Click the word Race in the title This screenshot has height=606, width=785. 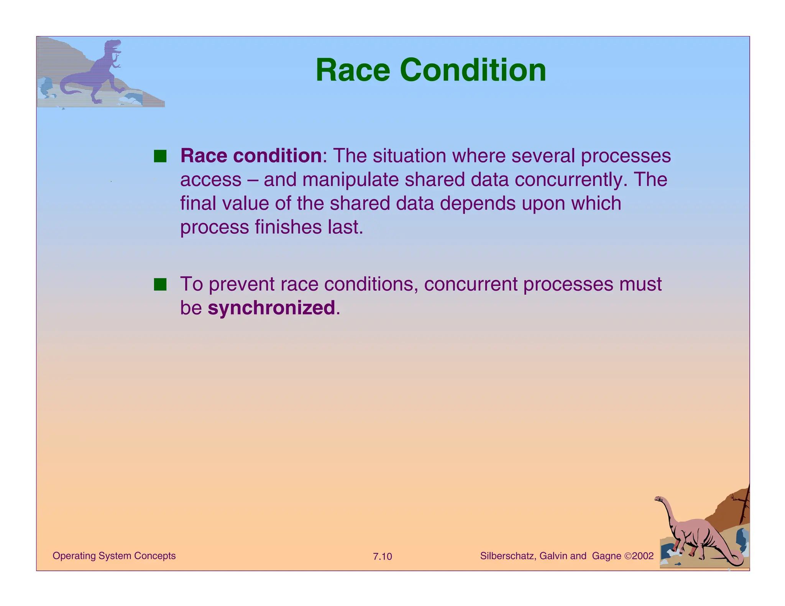coord(353,70)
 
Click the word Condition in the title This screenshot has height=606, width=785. coord(473,70)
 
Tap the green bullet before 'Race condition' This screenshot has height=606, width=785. coord(160,156)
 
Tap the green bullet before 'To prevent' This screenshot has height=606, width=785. coord(160,285)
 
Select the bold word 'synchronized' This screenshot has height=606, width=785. coord(271,308)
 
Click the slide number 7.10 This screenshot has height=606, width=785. coord(382,556)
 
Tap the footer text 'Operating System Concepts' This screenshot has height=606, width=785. coord(114,556)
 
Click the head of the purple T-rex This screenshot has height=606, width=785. coord(113,46)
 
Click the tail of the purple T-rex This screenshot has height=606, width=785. coord(69,89)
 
